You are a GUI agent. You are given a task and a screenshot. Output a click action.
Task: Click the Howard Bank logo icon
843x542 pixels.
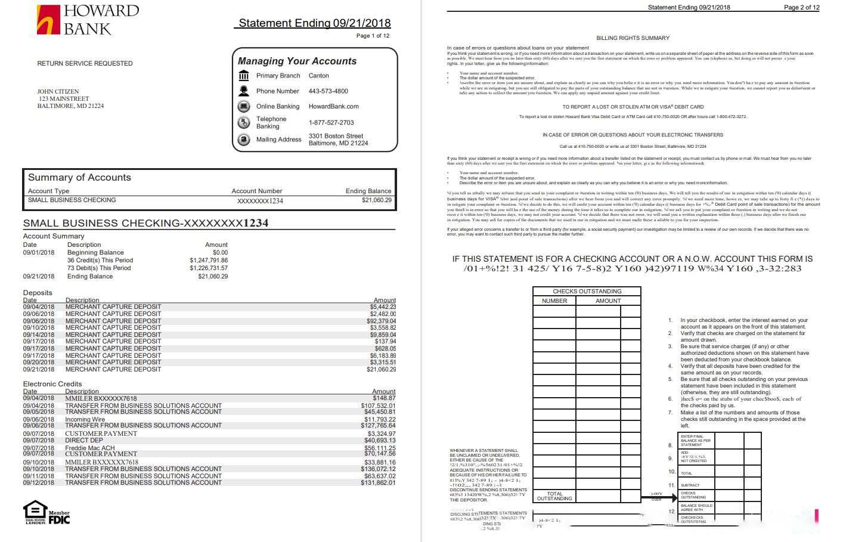click(48, 20)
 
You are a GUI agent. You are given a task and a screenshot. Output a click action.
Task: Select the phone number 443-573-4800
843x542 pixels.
click(328, 91)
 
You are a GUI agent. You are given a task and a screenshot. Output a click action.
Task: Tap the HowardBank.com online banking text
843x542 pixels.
click(333, 106)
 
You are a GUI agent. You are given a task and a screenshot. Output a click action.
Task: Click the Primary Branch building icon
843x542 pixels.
click(244, 76)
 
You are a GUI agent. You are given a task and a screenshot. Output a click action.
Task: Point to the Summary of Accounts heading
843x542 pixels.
click(79, 177)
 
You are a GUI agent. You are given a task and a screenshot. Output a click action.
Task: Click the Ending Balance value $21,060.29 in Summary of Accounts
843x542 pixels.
click(377, 200)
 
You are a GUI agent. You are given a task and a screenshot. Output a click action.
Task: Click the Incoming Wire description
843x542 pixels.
click(85, 419)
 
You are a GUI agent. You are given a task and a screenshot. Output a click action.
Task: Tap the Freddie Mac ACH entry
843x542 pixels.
click(89, 448)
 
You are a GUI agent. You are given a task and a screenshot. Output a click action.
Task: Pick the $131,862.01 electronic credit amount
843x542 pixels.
click(378, 482)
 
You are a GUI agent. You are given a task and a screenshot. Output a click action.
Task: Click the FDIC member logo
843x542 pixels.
click(59, 518)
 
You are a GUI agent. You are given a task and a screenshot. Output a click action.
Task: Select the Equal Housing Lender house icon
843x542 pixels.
click(35, 510)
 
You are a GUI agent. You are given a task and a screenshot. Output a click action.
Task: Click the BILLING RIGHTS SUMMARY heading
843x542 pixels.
click(633, 38)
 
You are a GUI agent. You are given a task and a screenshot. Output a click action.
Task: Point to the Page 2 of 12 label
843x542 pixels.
click(801, 7)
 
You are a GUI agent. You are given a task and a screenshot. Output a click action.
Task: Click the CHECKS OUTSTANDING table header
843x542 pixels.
click(587, 291)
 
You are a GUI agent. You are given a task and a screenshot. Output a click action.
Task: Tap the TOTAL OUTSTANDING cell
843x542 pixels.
click(554, 496)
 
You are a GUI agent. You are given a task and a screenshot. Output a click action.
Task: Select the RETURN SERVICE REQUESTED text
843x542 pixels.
click(85, 63)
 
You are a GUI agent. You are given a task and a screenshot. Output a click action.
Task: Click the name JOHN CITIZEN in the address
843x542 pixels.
click(58, 92)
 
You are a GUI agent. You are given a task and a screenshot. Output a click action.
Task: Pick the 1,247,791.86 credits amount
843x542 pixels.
click(209, 260)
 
